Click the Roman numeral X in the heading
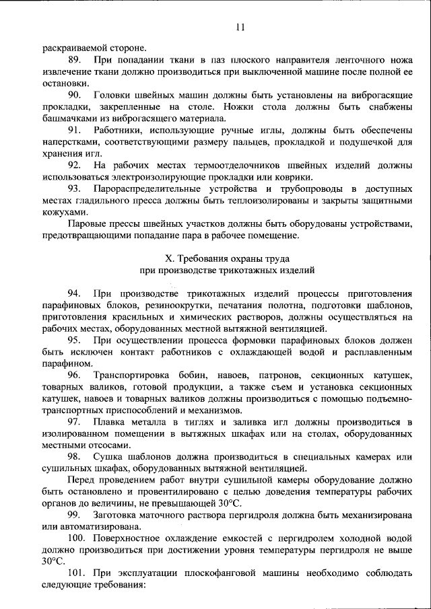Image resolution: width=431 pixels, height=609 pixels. pyautogui.click(x=170, y=258)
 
